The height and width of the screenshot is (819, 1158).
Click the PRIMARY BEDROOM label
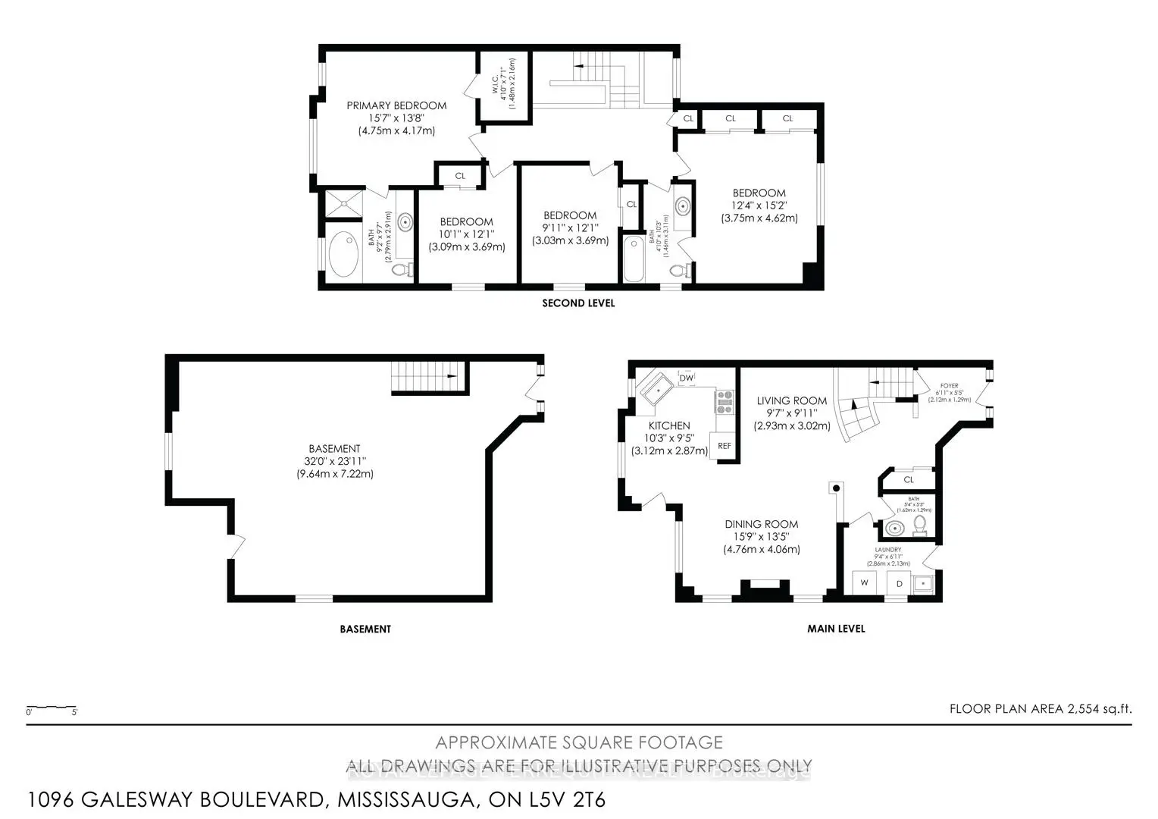(x=396, y=105)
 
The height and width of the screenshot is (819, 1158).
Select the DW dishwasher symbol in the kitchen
(x=687, y=378)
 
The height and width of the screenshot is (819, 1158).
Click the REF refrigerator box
(x=724, y=446)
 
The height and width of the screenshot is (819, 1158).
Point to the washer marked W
(x=864, y=583)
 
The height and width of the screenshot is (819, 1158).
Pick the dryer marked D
(x=899, y=583)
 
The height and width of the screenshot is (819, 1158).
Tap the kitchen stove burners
(x=725, y=401)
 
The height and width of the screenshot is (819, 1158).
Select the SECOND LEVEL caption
(x=578, y=303)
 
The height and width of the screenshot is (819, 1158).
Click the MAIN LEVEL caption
(x=836, y=629)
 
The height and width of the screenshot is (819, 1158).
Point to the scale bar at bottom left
(x=52, y=710)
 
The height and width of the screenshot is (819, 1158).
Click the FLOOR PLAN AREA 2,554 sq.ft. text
(x=1040, y=710)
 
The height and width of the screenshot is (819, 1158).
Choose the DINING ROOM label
(x=761, y=524)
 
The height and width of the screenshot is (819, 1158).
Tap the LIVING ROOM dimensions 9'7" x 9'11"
(x=791, y=413)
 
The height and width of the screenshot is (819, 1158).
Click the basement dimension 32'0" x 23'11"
(x=334, y=461)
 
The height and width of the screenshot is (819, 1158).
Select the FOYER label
(x=949, y=386)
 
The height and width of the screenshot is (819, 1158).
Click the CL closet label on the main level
(x=909, y=479)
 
